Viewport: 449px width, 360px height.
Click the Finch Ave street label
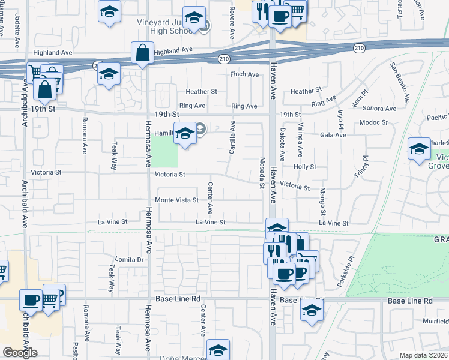(x=244, y=74)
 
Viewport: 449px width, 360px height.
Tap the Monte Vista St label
(x=176, y=200)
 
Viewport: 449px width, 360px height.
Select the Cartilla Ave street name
(x=232, y=137)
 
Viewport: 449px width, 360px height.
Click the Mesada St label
(x=262, y=173)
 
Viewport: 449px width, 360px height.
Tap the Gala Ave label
(x=334, y=135)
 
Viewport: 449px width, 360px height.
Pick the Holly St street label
(x=304, y=166)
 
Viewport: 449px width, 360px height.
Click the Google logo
(x=20, y=353)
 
